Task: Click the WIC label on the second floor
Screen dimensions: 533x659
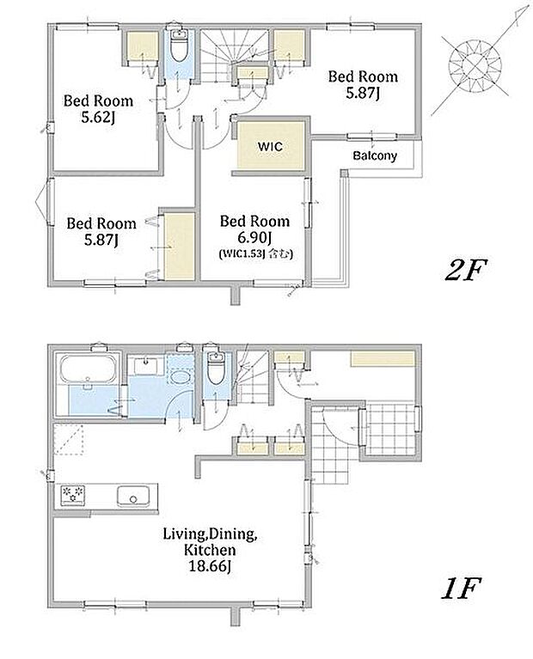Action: (270, 147)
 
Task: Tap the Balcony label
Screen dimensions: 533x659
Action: (375, 156)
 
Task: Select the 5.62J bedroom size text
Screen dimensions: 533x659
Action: (99, 117)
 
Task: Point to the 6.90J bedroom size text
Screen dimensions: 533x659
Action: (254, 237)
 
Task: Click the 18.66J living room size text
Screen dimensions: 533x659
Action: (210, 565)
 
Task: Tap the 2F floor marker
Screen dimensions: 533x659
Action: (466, 270)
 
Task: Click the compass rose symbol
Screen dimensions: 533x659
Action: (475, 66)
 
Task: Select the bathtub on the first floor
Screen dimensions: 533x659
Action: (88, 369)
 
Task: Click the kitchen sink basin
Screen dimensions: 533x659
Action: (133, 496)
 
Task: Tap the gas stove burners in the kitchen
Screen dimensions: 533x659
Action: (73, 495)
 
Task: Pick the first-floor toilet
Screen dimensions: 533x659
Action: (217, 369)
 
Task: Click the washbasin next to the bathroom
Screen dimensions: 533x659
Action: (145, 366)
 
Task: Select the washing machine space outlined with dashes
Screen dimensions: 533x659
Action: (180, 369)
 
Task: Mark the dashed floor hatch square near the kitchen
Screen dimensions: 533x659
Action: (69, 439)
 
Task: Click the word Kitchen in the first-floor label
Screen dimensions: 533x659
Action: (210, 550)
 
